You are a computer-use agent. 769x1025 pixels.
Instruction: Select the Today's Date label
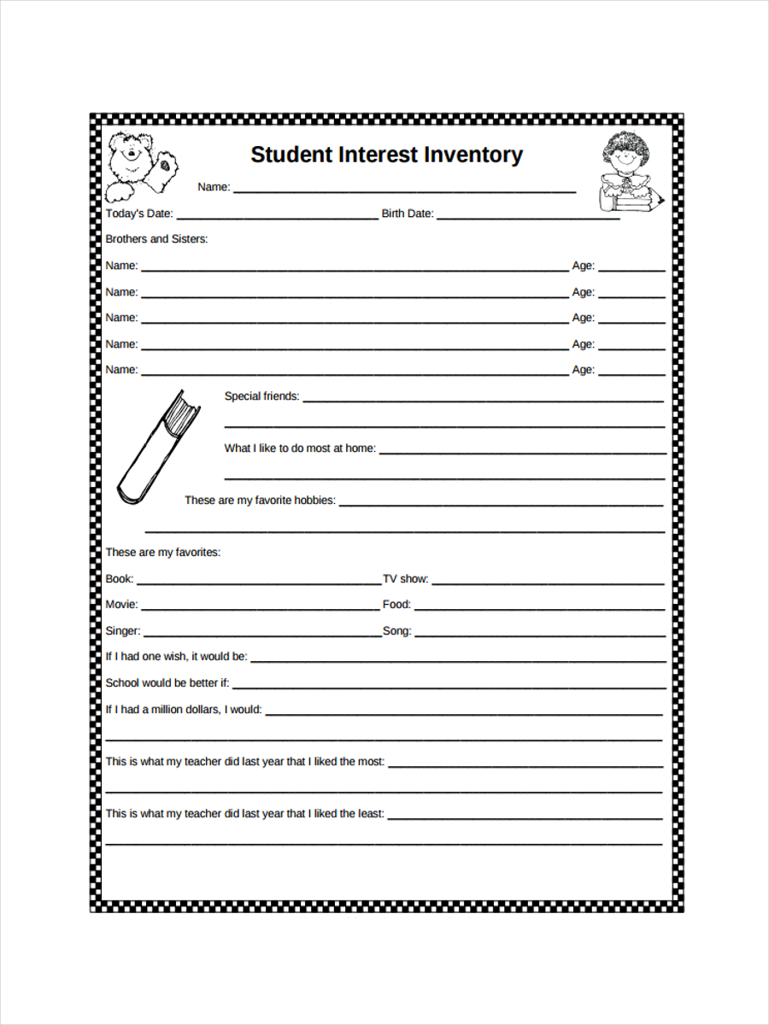139,214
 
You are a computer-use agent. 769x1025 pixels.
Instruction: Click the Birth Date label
408,214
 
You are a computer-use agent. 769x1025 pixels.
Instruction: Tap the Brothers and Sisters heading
156,239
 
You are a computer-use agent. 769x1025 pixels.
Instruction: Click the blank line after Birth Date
528,219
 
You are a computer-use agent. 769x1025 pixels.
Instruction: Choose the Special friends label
261,396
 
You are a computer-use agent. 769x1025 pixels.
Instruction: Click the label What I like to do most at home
300,448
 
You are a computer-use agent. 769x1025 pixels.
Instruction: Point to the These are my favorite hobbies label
260,501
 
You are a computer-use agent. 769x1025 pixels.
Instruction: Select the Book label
119,579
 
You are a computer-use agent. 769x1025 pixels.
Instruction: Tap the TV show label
405,579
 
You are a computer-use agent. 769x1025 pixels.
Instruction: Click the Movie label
121,605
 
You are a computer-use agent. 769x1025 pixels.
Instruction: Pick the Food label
396,605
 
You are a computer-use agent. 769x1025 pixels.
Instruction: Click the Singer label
123,631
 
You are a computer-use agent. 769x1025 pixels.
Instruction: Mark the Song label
396,631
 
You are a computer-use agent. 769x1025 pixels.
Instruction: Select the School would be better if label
167,683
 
